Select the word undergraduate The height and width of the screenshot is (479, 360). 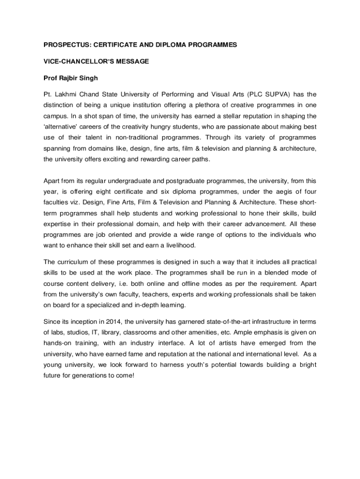[x=133, y=181]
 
